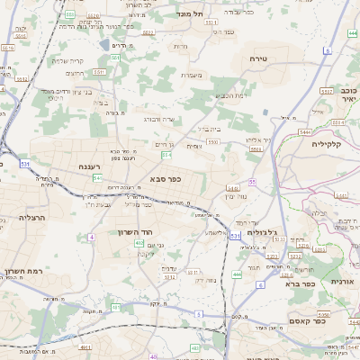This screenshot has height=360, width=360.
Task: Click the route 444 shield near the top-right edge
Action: [x=352, y=34]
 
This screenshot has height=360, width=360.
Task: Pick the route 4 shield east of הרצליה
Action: [x=91, y=238]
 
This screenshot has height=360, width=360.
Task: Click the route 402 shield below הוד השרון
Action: [x=139, y=243]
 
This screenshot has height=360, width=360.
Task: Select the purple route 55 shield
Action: [x=253, y=182]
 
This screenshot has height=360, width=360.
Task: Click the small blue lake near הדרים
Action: [x=106, y=44]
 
